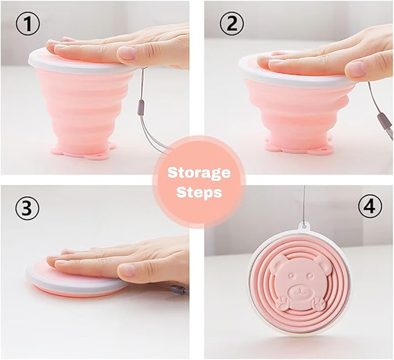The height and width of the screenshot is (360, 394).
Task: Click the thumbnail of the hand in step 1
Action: click(128, 54)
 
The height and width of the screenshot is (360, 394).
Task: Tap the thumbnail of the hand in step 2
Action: click(356, 69)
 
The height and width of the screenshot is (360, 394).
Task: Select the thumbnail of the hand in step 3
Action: click(126, 269)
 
